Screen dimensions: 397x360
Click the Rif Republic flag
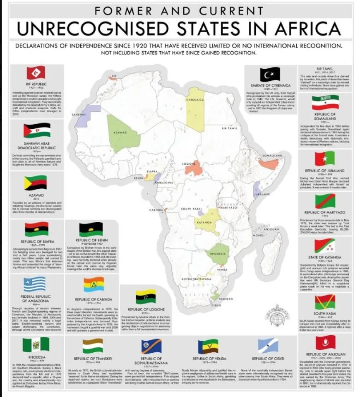(35, 73)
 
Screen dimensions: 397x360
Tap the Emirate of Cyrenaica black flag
(270, 75)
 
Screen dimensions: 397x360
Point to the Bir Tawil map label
(230, 128)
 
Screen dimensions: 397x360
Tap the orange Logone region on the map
(193, 167)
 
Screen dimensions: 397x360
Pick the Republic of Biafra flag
(36, 229)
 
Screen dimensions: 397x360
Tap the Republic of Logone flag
(146, 297)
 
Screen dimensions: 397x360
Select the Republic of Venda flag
(208, 346)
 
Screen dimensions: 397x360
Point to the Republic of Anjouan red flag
(325, 343)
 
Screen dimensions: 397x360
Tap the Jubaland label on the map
(262, 194)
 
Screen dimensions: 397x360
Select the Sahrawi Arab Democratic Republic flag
(36, 131)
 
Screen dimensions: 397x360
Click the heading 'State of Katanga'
(325, 257)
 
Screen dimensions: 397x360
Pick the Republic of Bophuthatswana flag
(148, 346)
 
